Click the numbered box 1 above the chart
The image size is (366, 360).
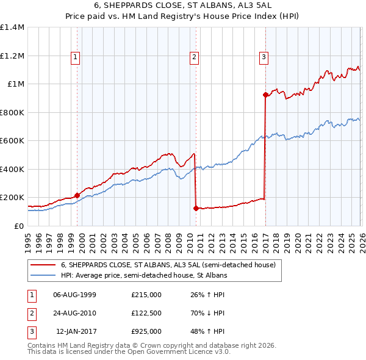[75, 58]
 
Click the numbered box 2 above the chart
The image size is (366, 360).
[194, 58]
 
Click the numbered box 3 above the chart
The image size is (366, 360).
[264, 58]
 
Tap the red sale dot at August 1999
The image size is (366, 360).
[77, 195]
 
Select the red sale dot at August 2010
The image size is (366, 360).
[196, 208]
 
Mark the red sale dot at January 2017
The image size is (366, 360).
[265, 95]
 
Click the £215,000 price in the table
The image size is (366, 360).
[146, 295]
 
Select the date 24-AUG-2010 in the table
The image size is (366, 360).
[74, 313]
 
